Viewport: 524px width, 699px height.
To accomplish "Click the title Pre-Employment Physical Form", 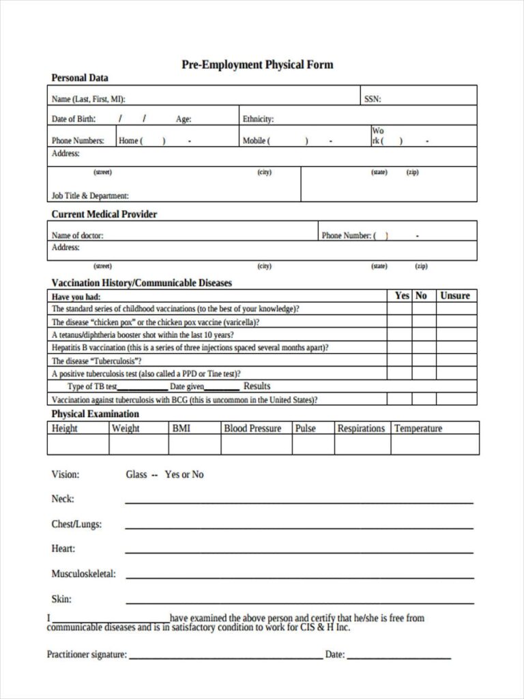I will [x=257, y=65].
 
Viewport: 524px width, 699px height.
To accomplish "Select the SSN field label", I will [x=372, y=99].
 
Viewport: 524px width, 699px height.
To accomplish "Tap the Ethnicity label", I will [x=258, y=119].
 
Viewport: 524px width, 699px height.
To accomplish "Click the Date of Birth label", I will [x=74, y=119].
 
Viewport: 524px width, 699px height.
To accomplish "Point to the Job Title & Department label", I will [x=90, y=195].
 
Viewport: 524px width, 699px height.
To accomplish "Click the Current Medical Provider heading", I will [x=104, y=214].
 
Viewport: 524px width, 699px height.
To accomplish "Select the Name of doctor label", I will [x=78, y=236].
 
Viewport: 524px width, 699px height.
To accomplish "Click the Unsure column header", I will [x=455, y=296].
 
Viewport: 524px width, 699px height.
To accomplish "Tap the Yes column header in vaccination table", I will [x=402, y=296].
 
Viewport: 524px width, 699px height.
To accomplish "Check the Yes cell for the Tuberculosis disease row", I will [x=399, y=360].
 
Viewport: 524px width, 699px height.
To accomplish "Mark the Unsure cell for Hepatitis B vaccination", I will [x=456, y=347].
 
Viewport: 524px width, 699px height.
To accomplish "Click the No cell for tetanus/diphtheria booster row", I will [x=423, y=334].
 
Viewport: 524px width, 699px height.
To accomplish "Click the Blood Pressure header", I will [x=252, y=428].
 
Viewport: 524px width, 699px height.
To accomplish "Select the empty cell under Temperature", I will [x=435, y=444].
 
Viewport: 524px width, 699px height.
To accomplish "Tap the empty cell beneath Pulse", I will [x=313, y=444].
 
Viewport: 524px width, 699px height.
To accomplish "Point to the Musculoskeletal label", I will [x=83, y=573].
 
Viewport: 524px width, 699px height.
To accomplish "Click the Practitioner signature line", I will [x=226, y=658].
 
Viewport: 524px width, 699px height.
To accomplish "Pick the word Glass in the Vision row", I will [x=136, y=474].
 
